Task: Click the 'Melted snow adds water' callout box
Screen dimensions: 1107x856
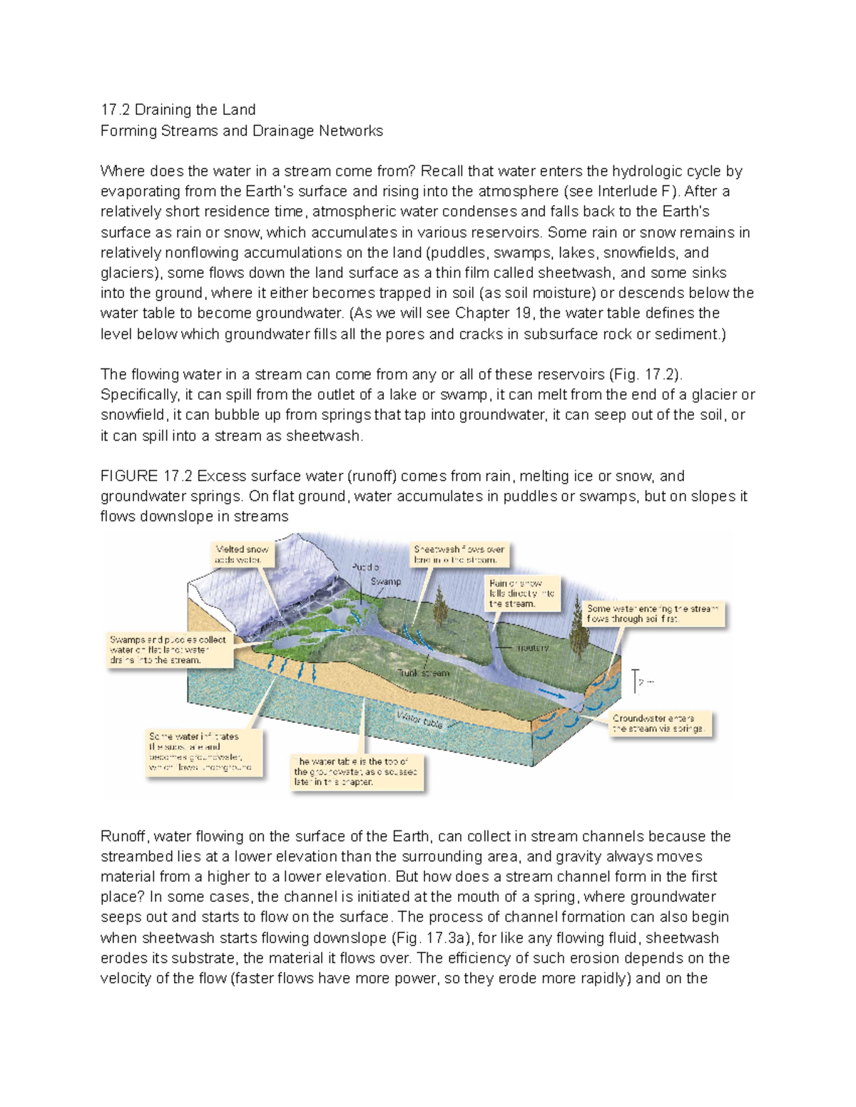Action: coord(243,555)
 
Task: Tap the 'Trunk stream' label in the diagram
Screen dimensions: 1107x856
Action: coord(424,673)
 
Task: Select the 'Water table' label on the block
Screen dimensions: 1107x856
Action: coord(420,720)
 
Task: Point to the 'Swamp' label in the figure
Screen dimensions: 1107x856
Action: coord(386,582)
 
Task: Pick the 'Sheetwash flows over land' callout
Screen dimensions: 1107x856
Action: coord(460,555)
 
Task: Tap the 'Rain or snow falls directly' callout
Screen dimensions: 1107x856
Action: coord(521,593)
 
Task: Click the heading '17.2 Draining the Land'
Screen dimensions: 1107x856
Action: coord(178,110)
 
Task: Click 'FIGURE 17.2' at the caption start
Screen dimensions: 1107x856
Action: coord(146,476)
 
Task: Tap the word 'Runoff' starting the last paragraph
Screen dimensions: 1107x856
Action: coord(123,836)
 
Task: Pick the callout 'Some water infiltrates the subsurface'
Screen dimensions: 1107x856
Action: coord(203,752)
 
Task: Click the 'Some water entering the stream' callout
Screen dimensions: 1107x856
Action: coord(653,614)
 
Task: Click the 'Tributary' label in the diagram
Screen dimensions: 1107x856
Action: coord(532,648)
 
